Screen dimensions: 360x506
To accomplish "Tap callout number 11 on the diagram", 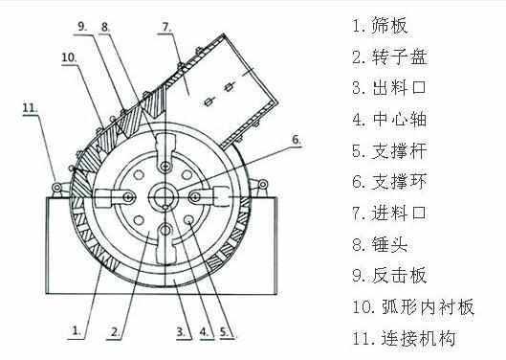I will coord(30,108).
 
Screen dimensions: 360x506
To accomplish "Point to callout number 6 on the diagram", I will coord(296,140).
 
